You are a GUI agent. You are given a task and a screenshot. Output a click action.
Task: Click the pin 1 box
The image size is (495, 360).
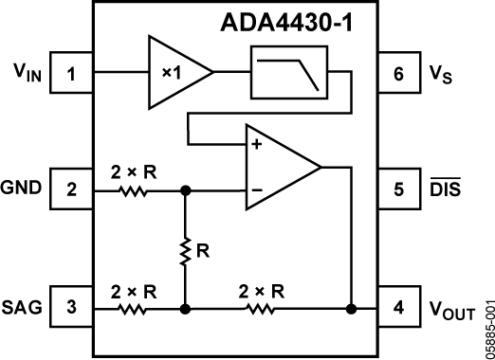(70, 71)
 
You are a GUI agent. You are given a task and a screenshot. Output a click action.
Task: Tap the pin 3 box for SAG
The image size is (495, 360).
(70, 308)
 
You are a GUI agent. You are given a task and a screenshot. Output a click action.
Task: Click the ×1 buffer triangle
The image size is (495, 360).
(174, 71)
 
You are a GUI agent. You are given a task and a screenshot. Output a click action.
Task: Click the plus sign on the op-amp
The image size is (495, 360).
(255, 145)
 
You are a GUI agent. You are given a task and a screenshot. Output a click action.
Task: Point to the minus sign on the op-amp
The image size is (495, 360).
(255, 189)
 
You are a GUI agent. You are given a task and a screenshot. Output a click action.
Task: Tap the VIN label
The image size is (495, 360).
(26, 71)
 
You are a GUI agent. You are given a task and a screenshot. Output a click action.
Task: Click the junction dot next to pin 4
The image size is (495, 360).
(352, 308)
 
